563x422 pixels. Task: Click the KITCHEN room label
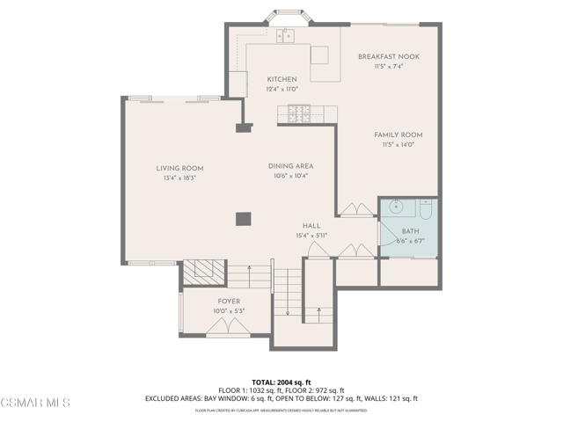pos(281,79)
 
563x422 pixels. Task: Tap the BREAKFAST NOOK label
pos(388,56)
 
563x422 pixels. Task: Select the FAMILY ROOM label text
pos(398,135)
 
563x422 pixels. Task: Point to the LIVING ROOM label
pos(179,169)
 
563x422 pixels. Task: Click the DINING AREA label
pos(290,165)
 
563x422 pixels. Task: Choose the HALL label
pos(311,225)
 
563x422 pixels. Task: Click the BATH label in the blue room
pos(411,230)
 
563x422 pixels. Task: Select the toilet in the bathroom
pos(425,209)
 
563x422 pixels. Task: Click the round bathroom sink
pos(396,208)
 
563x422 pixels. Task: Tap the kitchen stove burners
pos(299,113)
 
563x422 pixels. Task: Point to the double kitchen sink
pos(285,36)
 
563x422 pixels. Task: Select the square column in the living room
pos(244,219)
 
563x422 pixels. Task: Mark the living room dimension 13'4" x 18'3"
pos(179,178)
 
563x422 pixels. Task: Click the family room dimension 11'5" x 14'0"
pos(398,144)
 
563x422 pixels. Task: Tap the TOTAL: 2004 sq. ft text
pos(281,381)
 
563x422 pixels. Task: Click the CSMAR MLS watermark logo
pos(35,404)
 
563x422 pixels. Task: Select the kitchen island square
pos(318,55)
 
